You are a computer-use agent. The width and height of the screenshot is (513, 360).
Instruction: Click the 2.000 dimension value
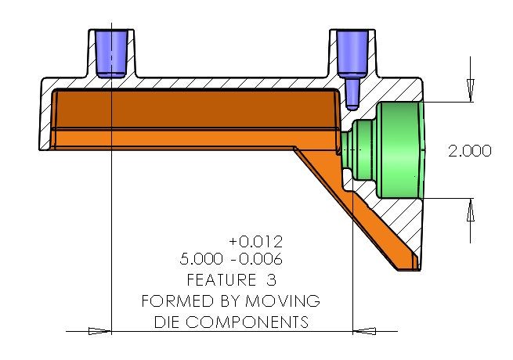(469, 151)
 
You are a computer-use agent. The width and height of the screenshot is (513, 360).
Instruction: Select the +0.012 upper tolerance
(255, 241)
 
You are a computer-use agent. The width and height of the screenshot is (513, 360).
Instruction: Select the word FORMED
(172, 301)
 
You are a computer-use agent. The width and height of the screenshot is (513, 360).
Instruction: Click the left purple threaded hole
(111, 52)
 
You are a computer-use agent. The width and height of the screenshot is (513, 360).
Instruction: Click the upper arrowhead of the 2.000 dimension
(470, 91)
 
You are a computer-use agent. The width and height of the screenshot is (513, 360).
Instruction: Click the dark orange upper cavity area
(196, 110)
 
